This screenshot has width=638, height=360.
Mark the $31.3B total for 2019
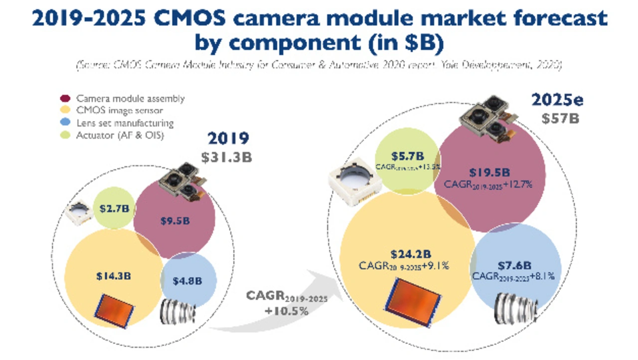(227, 157)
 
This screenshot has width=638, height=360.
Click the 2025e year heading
(557, 100)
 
